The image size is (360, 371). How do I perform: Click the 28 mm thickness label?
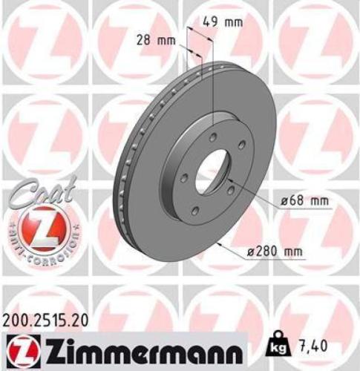coord(153,42)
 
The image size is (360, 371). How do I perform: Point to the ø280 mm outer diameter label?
coord(277,252)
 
